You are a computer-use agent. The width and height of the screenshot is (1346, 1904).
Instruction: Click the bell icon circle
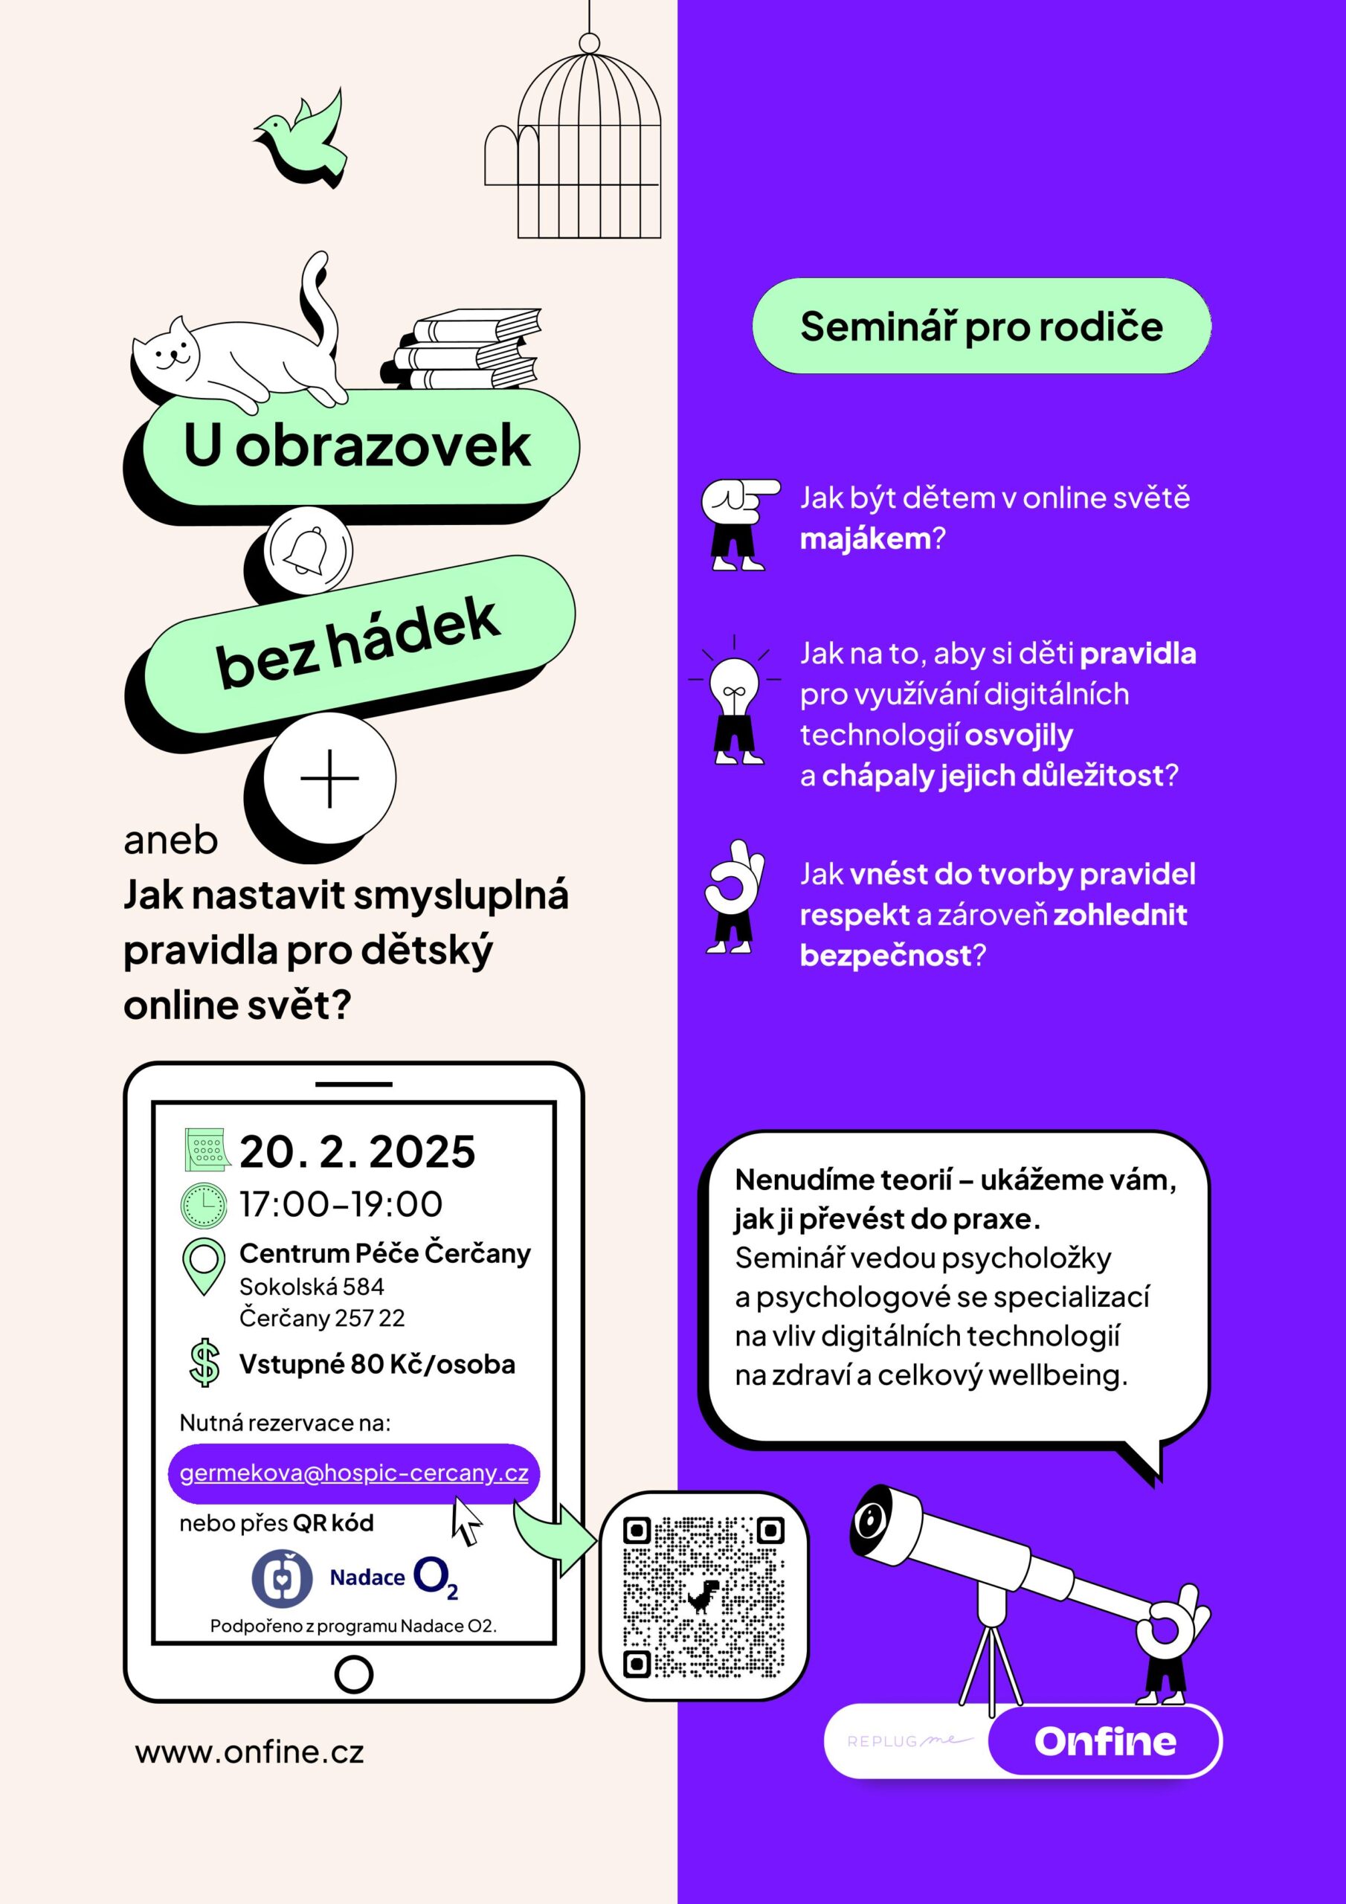(309, 550)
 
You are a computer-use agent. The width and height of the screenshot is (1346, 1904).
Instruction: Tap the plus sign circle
(329, 779)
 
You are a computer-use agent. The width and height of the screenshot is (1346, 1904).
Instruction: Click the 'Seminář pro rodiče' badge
(981, 326)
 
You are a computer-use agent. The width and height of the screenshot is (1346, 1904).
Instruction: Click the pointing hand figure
(738, 522)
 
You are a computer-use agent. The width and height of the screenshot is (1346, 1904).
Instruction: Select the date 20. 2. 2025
(358, 1152)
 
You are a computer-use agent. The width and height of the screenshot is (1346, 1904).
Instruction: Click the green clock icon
(203, 1205)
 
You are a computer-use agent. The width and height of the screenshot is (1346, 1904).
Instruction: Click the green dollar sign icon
(204, 1363)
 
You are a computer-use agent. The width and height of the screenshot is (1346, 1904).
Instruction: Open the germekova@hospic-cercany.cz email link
(354, 1473)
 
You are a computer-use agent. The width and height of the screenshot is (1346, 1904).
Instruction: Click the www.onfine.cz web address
(250, 1752)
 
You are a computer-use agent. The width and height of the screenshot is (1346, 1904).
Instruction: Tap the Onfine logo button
(1104, 1741)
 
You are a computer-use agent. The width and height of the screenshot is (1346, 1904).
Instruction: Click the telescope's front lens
(870, 1520)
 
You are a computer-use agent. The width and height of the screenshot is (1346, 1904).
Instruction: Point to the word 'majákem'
(866, 539)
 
